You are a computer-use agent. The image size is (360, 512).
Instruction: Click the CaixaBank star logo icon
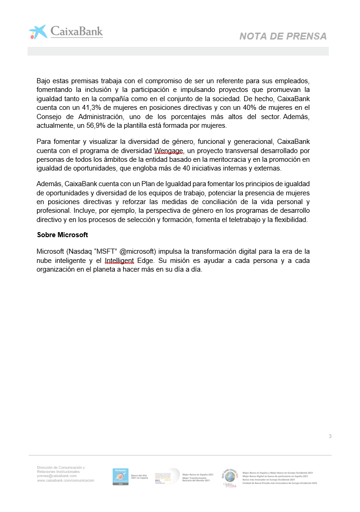tap(38, 32)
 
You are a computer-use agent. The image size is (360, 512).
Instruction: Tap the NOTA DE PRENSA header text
tap(283, 36)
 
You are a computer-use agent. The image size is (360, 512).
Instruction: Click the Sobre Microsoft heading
tap(62, 235)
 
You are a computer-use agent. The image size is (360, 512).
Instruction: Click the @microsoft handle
tap(138, 251)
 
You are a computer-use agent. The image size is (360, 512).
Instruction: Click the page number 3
tap(330, 436)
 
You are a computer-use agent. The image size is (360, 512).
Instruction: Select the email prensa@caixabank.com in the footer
tap(57, 476)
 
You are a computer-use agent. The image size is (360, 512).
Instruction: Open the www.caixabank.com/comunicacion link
tap(66, 480)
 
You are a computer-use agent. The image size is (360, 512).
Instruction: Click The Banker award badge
tap(121, 477)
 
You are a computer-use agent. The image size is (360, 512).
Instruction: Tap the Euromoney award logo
tap(167, 476)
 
